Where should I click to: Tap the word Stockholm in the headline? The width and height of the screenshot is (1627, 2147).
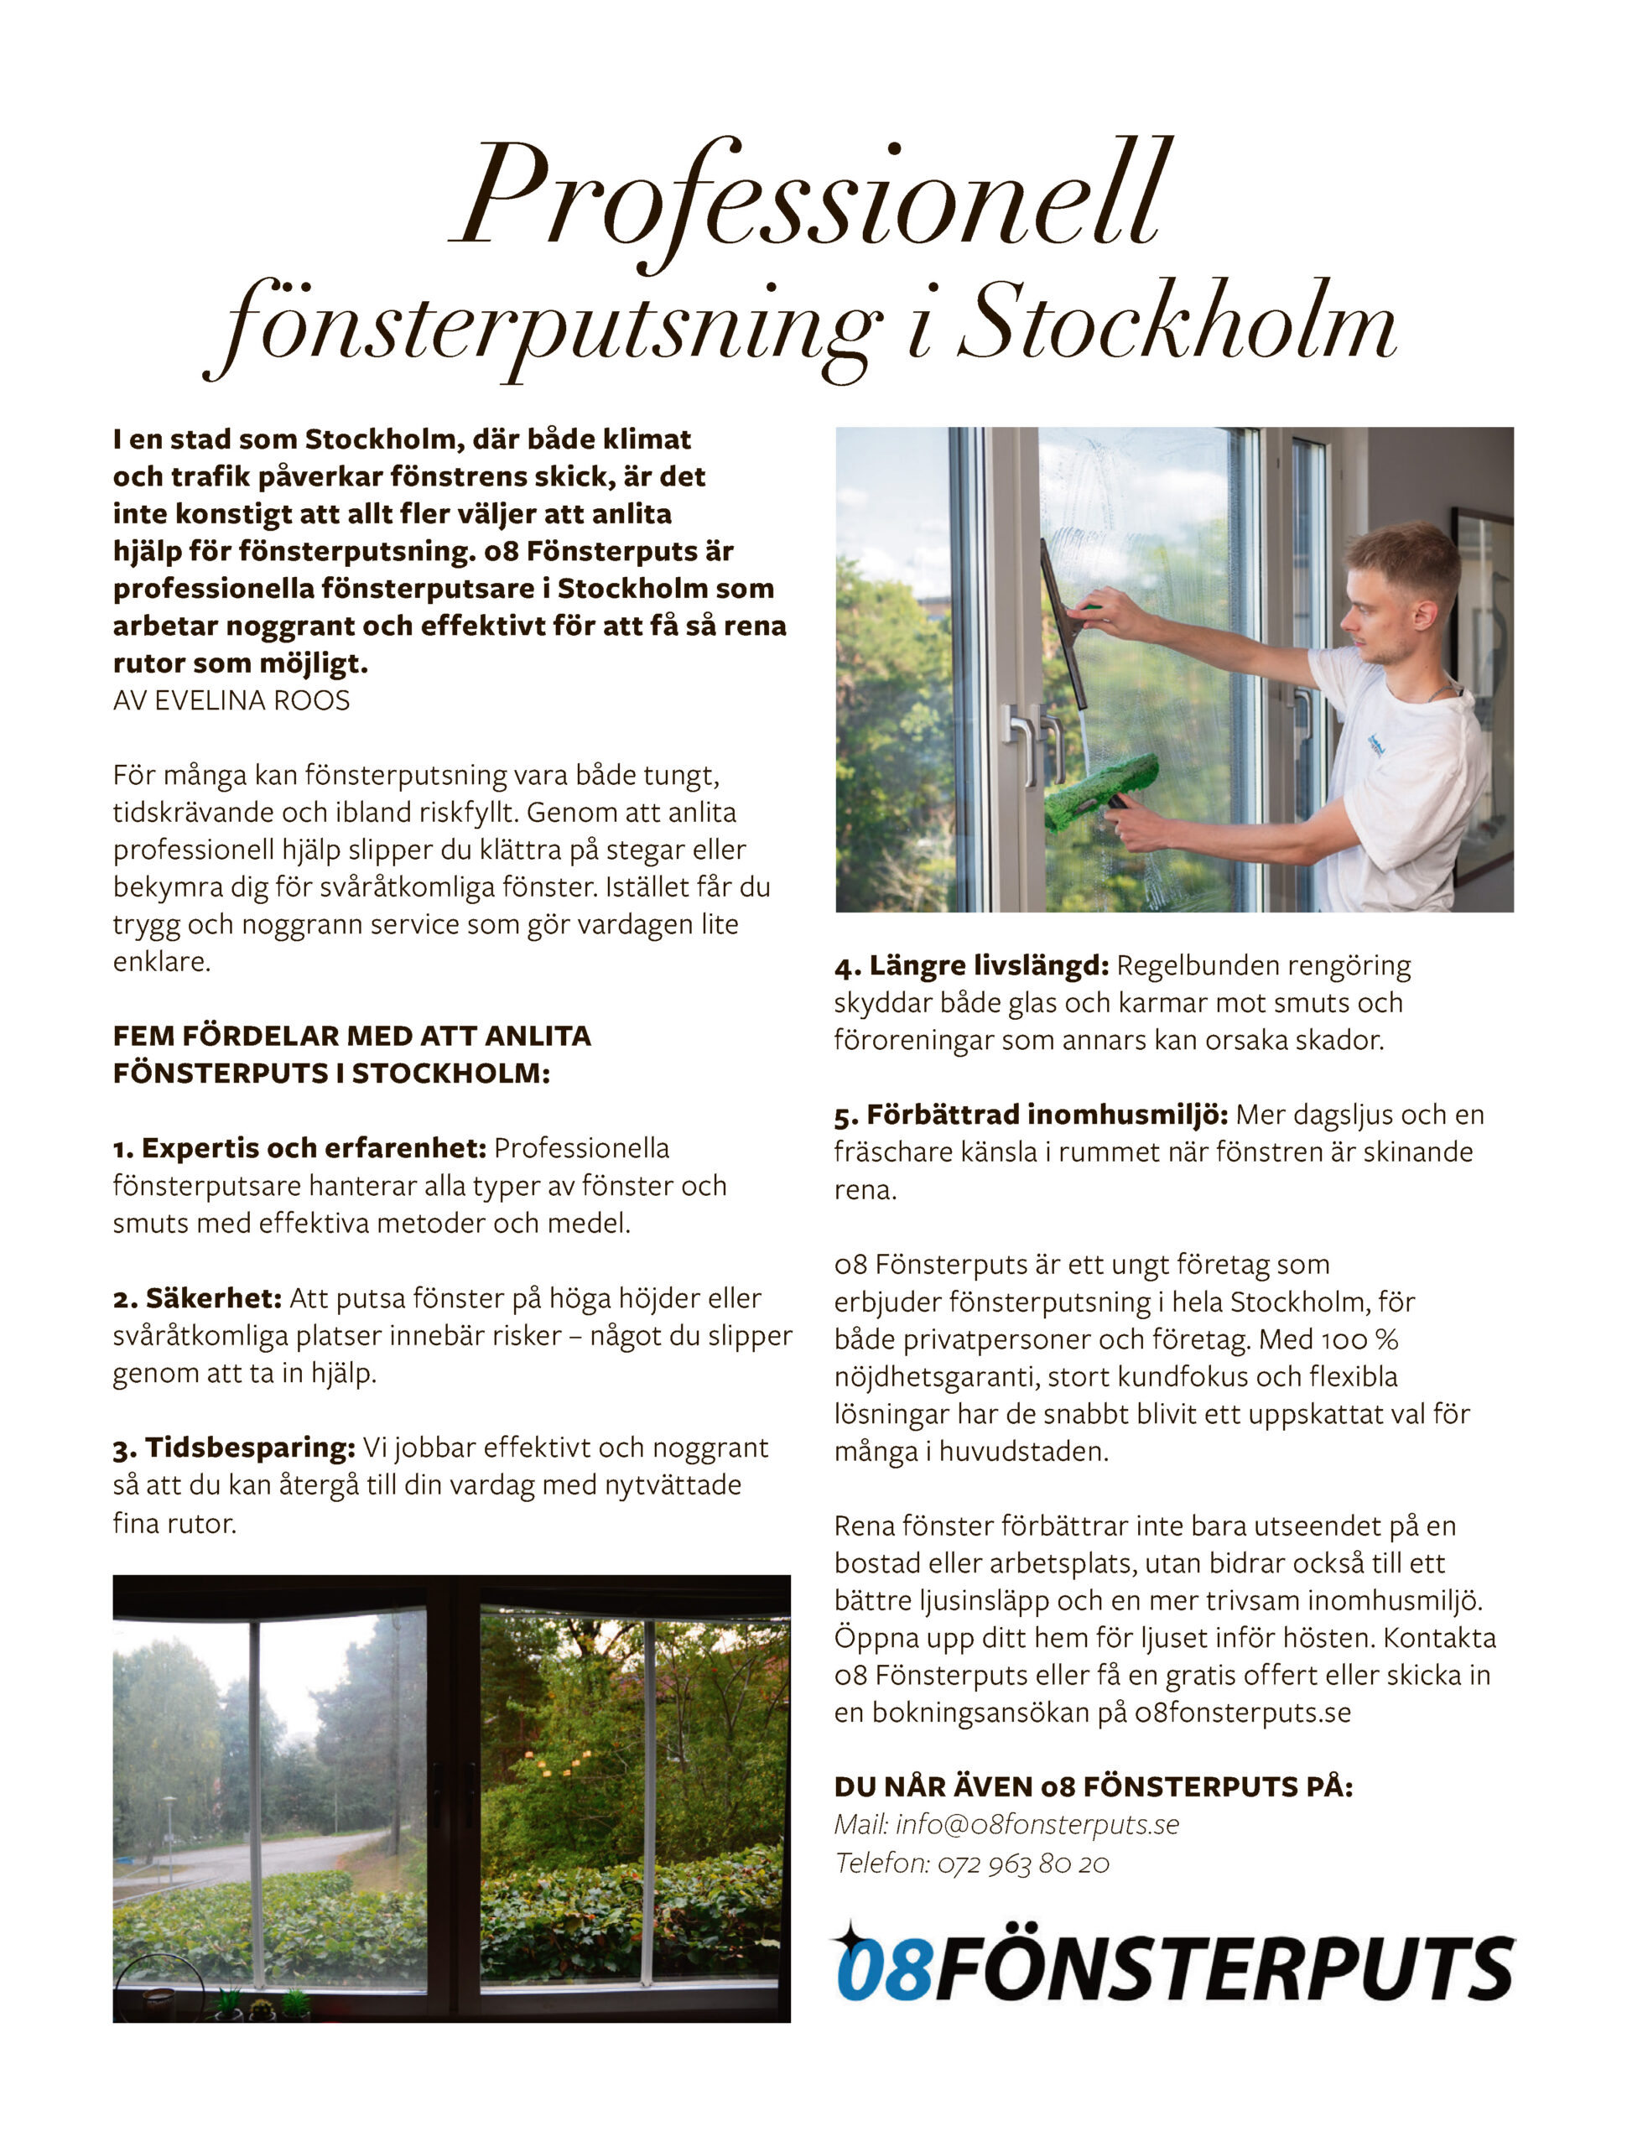pyautogui.click(x=1176, y=327)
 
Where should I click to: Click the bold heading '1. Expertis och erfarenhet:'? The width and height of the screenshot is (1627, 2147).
pyautogui.click(x=299, y=1148)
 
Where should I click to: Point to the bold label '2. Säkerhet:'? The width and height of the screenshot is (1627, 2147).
pyautogui.click(x=197, y=1298)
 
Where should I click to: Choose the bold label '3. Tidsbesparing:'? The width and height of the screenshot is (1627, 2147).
pyautogui.click(x=234, y=1448)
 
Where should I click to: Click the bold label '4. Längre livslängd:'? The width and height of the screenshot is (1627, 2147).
pyautogui.click(x=971, y=966)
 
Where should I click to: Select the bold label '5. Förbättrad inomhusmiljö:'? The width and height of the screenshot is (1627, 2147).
pyautogui.click(x=1031, y=1115)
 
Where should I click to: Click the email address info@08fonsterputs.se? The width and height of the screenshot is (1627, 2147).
pyautogui.click(x=1037, y=1825)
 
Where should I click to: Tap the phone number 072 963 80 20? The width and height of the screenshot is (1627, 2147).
pyautogui.click(x=1022, y=1864)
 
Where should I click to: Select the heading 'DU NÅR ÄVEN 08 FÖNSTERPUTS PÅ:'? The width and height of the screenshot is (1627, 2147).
pyautogui.click(x=1093, y=1787)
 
